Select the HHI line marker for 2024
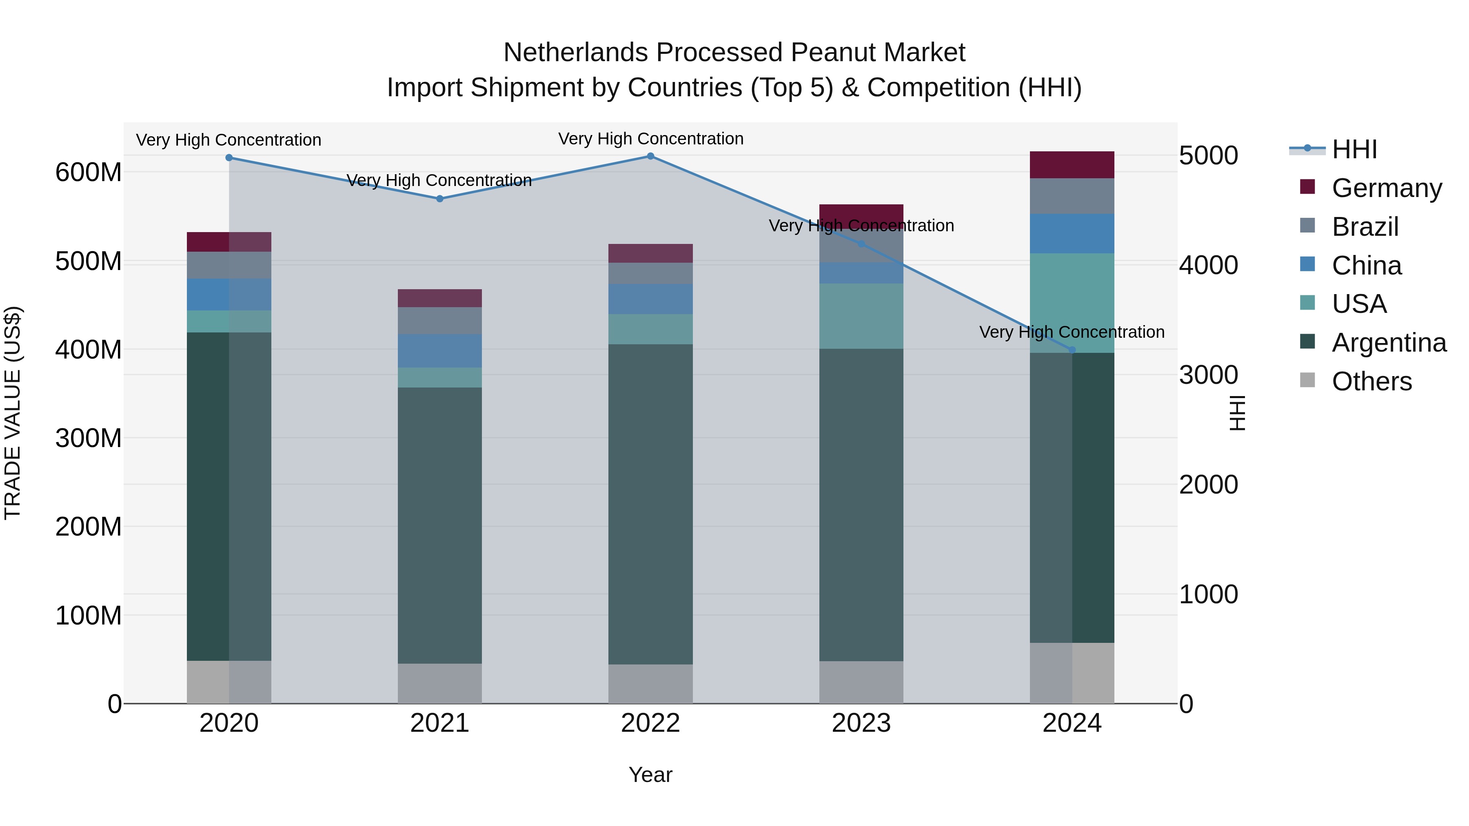pos(1072,350)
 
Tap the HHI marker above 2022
pos(650,156)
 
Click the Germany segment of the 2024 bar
pos(1072,165)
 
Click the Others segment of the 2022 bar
pos(650,684)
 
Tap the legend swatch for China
pos(1307,264)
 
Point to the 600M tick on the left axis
pos(89,172)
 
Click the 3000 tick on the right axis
pos(1208,375)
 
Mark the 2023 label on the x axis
pos(861,723)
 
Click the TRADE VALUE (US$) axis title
pos(13,413)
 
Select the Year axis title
pos(650,775)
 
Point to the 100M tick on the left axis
pos(89,616)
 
